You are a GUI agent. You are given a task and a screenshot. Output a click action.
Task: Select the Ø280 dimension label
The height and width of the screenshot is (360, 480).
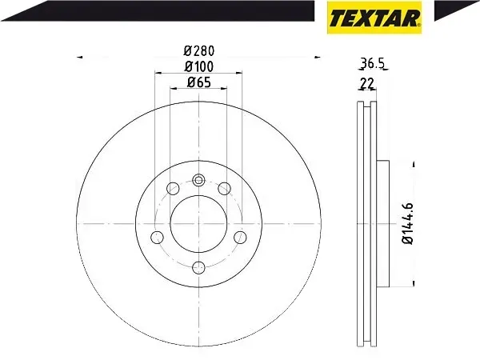198,50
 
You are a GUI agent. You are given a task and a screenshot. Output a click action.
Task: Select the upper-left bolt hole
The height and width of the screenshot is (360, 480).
171,189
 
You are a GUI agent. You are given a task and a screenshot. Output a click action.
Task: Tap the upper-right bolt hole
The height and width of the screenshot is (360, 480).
225,189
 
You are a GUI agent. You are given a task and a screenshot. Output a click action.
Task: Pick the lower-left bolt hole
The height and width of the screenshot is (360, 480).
157,237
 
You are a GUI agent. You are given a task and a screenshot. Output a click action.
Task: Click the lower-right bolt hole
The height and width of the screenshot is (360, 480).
239,237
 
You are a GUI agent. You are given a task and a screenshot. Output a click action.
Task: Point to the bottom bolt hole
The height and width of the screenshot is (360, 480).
198,266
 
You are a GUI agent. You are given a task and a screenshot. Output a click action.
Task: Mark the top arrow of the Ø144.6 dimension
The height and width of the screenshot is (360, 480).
413,164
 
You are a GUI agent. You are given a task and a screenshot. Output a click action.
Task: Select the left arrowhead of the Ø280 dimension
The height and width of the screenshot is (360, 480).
80,57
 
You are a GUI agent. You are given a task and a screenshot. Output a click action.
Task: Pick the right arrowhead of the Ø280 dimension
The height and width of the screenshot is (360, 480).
317,57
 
